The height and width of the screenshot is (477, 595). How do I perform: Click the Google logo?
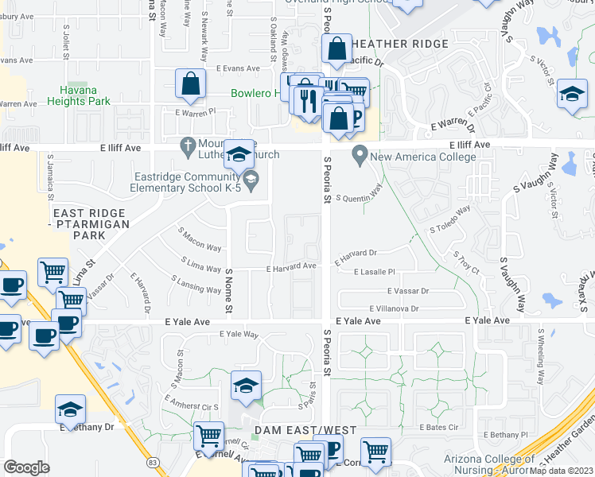tap(26, 467)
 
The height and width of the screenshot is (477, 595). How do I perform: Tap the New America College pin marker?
tap(360, 153)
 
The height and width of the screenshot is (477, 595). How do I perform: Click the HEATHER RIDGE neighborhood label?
tap(401, 43)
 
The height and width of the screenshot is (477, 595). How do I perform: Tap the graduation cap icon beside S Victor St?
tap(572, 94)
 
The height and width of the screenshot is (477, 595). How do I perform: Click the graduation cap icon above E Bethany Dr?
tap(70, 409)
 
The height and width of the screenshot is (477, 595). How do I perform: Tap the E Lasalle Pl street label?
tap(373, 272)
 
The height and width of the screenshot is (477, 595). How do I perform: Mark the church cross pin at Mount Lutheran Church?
tap(187, 145)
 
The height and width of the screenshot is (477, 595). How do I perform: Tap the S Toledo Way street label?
tap(450, 220)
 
